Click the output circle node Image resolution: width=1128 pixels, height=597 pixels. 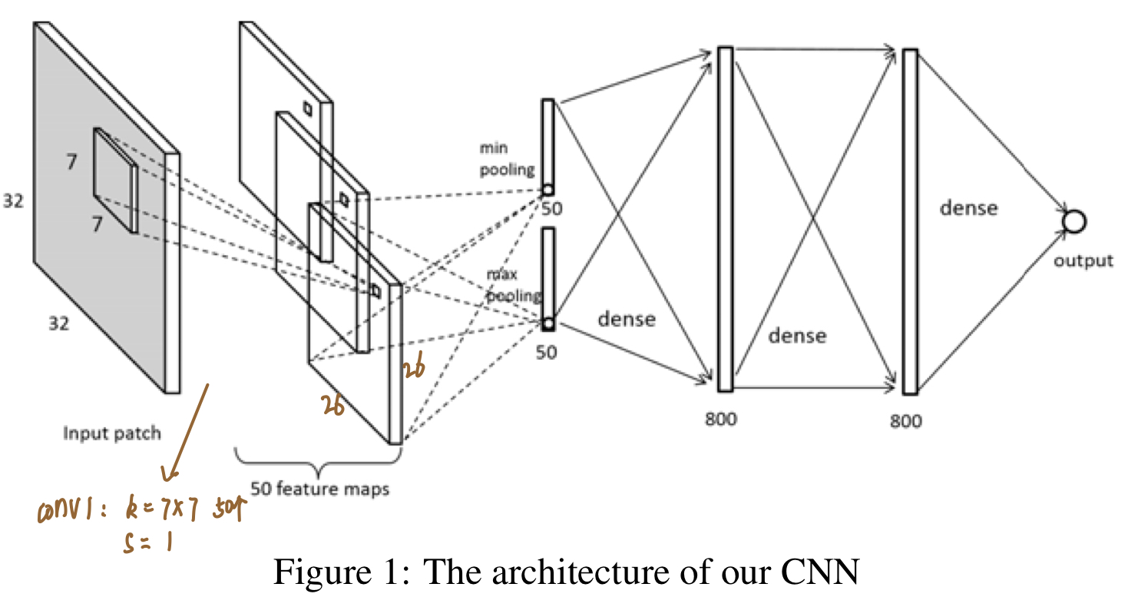point(1073,222)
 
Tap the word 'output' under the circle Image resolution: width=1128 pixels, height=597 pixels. point(1083,260)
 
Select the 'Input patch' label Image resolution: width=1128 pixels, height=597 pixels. point(112,433)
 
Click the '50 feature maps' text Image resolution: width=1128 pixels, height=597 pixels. point(319,488)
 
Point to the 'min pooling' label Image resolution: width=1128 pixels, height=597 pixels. point(507,159)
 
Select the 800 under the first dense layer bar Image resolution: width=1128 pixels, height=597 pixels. point(720,419)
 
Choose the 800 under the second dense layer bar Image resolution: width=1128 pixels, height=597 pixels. point(906,420)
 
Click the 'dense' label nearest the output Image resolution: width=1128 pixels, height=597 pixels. point(968,207)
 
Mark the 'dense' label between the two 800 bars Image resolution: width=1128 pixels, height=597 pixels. point(798,335)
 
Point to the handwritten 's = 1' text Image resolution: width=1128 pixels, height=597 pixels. point(147,543)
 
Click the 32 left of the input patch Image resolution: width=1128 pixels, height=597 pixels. point(13,201)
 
